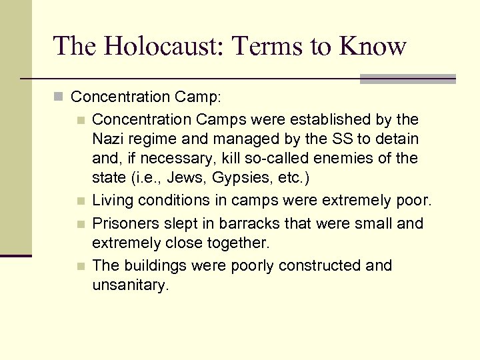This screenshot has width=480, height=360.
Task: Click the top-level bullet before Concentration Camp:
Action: pos(59,97)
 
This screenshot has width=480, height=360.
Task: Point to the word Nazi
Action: pos(108,139)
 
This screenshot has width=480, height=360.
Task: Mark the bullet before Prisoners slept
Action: pos(81,224)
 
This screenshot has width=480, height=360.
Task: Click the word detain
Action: pos(396,139)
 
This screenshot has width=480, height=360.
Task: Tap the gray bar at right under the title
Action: pos(407,79)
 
